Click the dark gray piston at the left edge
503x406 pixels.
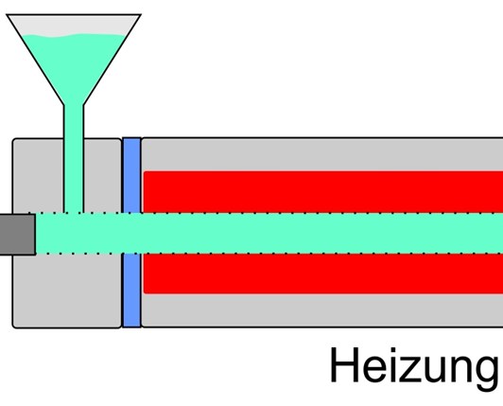click(x=17, y=235)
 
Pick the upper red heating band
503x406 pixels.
click(x=323, y=192)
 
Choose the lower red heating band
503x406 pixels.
click(x=323, y=274)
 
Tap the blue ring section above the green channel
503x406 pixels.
click(x=131, y=175)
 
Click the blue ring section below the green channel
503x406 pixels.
click(x=131, y=290)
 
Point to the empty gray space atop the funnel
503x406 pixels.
click(x=74, y=25)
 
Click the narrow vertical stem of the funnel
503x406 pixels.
click(x=74, y=159)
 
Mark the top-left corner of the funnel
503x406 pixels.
click(x=7, y=14)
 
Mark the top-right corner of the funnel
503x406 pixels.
click(x=141, y=14)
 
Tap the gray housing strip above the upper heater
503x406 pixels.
click(x=322, y=154)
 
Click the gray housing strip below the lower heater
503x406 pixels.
click(x=322, y=310)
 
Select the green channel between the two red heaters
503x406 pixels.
click(x=323, y=233)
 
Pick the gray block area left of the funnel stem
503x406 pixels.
click(x=38, y=176)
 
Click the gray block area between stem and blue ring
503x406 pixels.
click(x=102, y=176)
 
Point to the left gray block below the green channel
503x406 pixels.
click(x=67, y=291)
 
